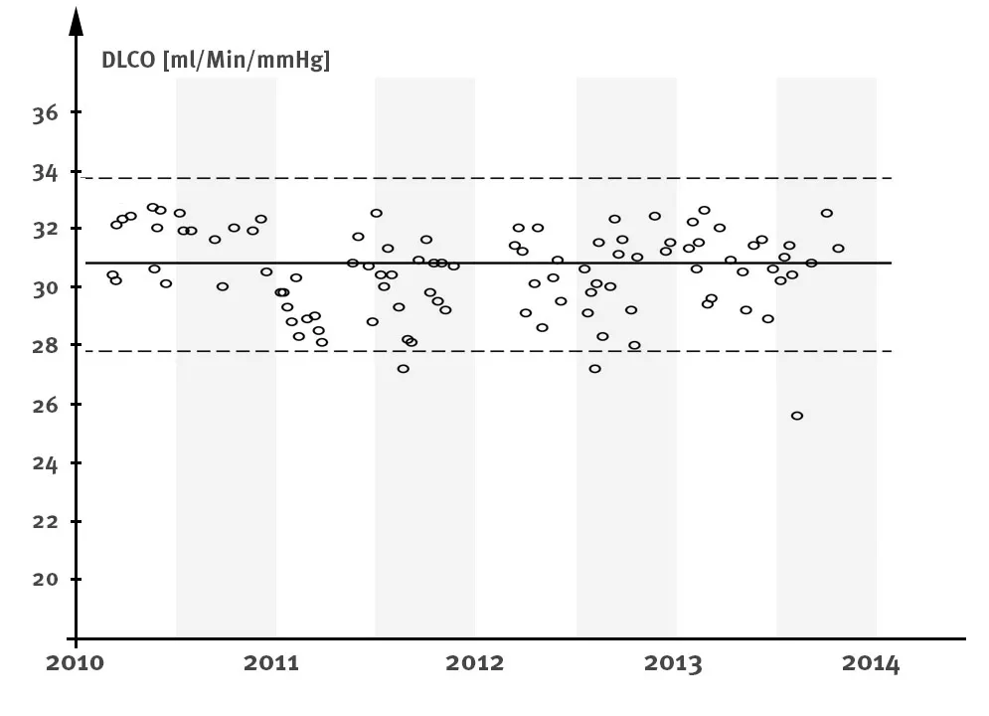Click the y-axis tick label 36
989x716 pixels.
pyautogui.click(x=45, y=113)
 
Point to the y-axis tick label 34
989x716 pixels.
pyautogui.click(x=45, y=172)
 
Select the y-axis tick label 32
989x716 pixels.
pyautogui.click(x=45, y=230)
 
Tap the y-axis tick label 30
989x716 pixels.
pyautogui.click(x=45, y=288)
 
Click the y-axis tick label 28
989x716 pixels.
pyautogui.click(x=45, y=346)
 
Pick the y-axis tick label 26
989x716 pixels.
pyautogui.click(x=45, y=405)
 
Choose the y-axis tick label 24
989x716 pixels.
pyautogui.click(x=45, y=463)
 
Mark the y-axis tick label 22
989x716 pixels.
pyautogui.click(x=45, y=521)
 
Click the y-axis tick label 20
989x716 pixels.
pyautogui.click(x=45, y=580)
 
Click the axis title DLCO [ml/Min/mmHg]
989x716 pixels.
pyautogui.click(x=216, y=61)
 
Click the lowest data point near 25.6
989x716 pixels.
pyautogui.click(x=797, y=416)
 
